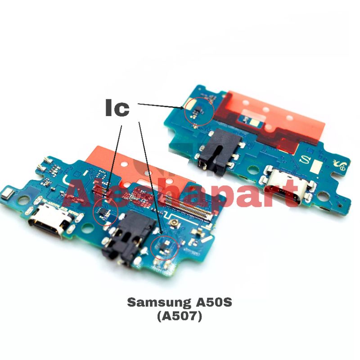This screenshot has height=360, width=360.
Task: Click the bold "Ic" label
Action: pos(117,108)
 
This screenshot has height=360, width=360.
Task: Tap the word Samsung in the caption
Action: pos(153,302)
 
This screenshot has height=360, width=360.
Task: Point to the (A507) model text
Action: pos(180,316)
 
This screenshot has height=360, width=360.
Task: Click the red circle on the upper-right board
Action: pos(199,111)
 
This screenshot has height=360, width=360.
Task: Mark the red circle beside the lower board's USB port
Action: pos(105,211)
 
